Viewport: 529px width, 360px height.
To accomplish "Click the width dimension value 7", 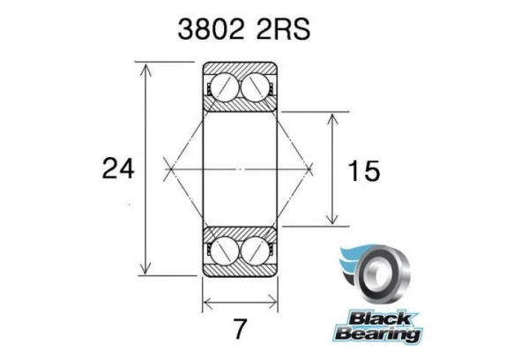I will [239, 330].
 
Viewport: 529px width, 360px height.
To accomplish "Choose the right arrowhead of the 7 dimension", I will [272, 306].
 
